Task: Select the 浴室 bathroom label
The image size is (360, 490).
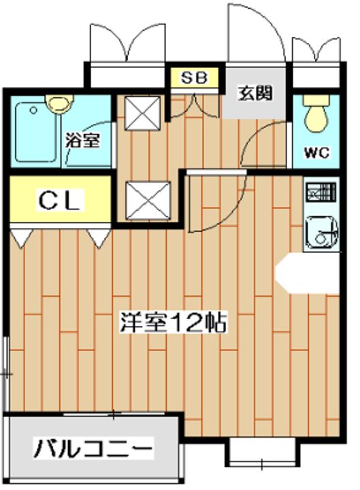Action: [83, 141]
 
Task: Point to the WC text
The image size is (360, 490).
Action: [316, 152]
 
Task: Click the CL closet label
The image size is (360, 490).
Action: [59, 200]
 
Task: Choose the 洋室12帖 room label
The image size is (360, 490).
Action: [174, 321]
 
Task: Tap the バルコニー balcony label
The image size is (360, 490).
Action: [94, 449]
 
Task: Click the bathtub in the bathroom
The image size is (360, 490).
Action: [37, 132]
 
